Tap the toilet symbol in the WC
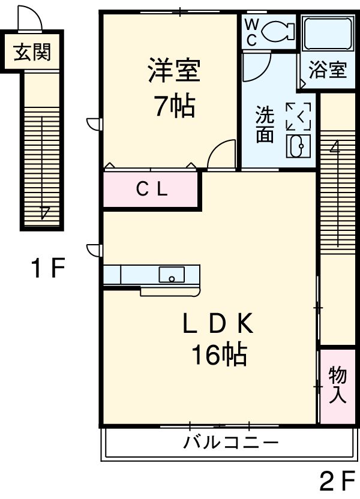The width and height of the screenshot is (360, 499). pos(277,30)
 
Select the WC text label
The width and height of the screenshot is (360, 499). pos(251,31)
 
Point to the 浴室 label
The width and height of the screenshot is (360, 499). pos(328,70)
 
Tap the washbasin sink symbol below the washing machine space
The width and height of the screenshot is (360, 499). pos(298,145)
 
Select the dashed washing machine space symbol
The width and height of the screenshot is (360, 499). pos(298,115)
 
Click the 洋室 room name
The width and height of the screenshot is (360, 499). pos(174,71)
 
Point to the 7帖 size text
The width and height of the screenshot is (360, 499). pos(174,106)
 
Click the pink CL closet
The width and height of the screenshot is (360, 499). pos(151,190)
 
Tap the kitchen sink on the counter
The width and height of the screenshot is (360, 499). pos(172,275)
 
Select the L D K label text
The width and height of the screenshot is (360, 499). pos(218,324)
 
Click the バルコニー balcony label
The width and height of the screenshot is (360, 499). pos(231,444)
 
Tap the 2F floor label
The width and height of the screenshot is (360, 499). pos(337,481)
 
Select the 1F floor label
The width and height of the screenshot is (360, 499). pos(47,269)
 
